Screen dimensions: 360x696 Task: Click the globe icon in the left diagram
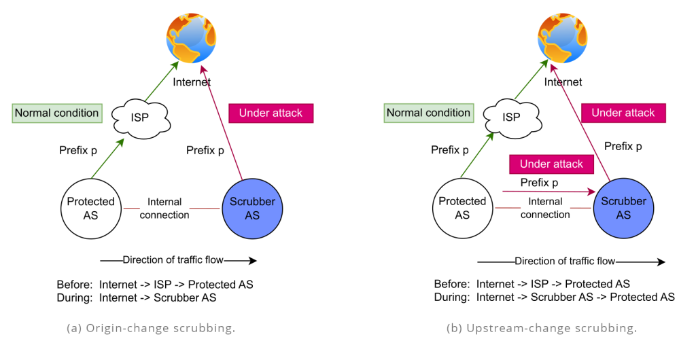point(192,37)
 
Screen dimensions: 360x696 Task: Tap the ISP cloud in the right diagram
point(512,118)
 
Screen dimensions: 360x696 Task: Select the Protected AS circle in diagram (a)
point(90,208)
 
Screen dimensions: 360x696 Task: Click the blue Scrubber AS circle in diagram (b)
point(623,208)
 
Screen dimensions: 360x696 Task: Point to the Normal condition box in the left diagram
point(57,113)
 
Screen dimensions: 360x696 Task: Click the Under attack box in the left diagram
point(271,113)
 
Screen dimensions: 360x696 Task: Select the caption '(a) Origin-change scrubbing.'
point(151,328)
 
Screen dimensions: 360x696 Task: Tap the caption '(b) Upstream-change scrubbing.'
point(541,328)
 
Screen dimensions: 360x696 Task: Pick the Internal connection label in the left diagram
point(164,208)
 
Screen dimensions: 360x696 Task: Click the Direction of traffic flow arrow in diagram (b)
point(571,262)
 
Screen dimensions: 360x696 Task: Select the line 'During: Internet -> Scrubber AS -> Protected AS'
point(554,297)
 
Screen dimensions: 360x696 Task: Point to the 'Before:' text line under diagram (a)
point(156,285)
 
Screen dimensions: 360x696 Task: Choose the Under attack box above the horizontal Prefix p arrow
point(551,164)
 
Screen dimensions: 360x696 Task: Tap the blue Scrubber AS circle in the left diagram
point(252,208)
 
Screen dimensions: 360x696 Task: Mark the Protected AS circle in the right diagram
point(462,208)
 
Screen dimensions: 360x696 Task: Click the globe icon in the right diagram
point(563,37)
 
